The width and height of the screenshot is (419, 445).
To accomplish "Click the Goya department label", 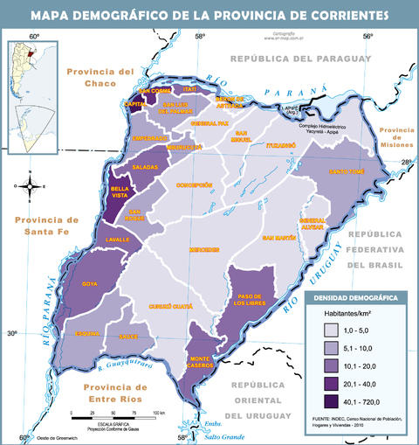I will tap(89, 284).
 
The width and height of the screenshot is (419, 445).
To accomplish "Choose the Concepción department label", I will tap(195, 184).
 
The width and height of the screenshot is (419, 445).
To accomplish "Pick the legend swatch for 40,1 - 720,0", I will tap(332, 401).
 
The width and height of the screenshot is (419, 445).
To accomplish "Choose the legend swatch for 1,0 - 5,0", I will tap(332, 330).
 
